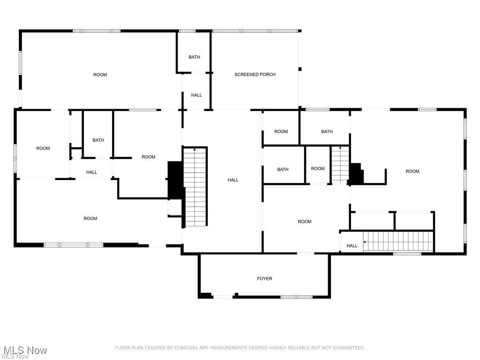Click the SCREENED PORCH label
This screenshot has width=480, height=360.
click(255, 75)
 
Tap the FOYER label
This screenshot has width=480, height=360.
click(264, 278)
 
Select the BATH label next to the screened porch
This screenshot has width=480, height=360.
click(194, 57)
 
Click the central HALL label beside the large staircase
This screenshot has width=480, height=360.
click(233, 180)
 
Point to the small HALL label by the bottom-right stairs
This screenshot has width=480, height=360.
click(352, 246)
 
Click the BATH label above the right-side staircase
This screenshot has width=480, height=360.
click(327, 132)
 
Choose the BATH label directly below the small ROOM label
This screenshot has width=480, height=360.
click(283, 170)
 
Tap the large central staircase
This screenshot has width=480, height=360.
click(195, 187)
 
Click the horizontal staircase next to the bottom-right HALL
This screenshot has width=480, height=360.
click(398, 241)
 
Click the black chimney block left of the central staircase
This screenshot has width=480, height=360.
click(175, 180)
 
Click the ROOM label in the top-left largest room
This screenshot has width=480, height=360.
click(100, 75)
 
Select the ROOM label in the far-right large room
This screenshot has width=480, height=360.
click(412, 172)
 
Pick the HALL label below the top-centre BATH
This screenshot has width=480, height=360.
click(196, 95)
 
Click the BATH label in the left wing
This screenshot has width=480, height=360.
click(98, 140)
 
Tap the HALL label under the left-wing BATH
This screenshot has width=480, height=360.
click(91, 172)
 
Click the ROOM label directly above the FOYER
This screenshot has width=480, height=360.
click(305, 222)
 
